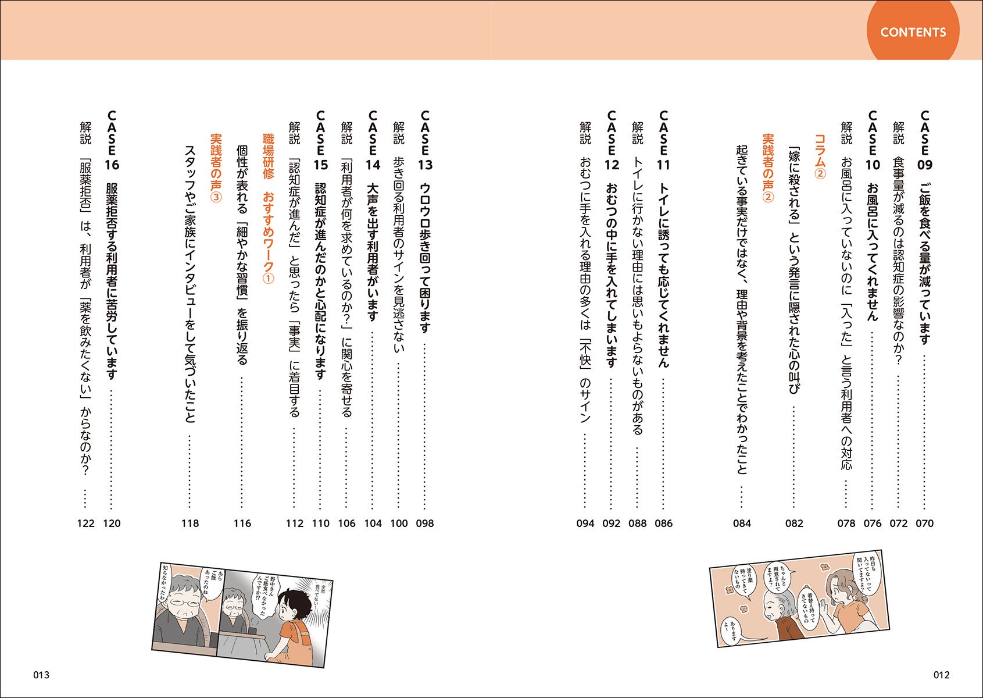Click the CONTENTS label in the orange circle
pos(913,32)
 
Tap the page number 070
pos(925,523)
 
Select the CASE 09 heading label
pos(925,141)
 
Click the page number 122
pos(85,523)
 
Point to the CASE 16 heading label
pos(112,141)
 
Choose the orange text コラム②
pos(820,156)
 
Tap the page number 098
pos(425,523)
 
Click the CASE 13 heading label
pos(425,141)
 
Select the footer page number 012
pos(941,675)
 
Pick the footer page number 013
pos(41,675)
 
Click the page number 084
pos(742,523)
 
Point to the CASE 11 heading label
pos(663,141)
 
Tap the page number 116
pos(242,523)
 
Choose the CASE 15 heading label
pos(320,141)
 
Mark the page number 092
pos(612,523)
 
